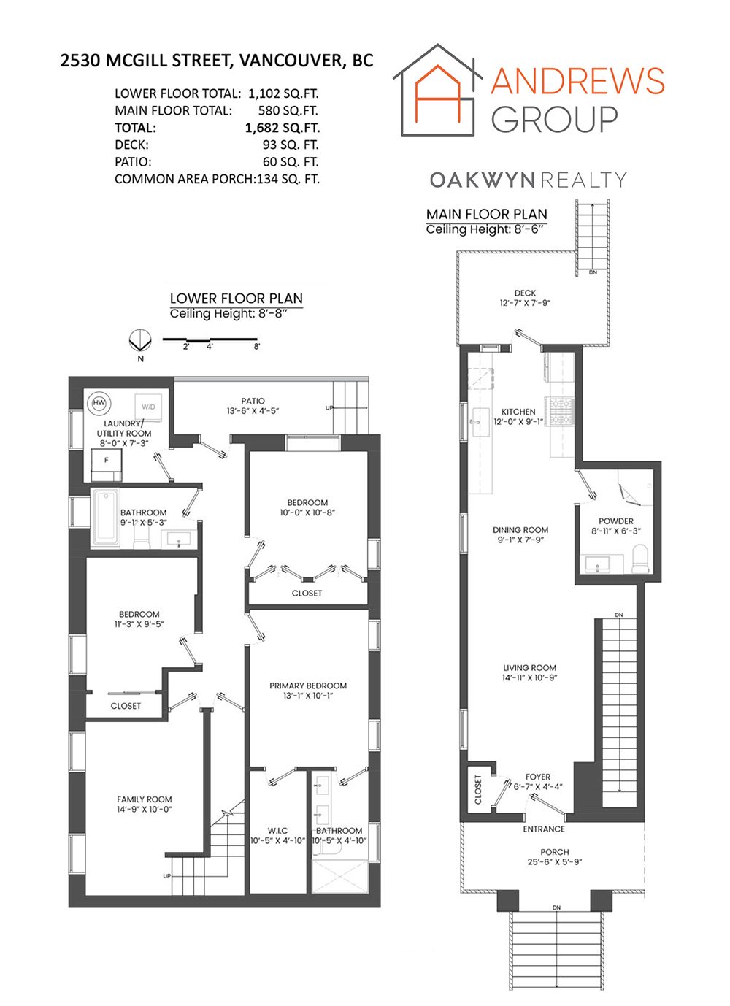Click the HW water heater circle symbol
pos(99,403)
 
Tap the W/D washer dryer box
pos(149,407)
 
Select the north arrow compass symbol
pos(139,341)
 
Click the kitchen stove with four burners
pos(563,411)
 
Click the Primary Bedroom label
pos(308,686)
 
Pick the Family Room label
pos(145,799)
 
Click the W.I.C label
pos(277,831)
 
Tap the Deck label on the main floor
pos(525,293)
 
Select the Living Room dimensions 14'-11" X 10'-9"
pos(529,678)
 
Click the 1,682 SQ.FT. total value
pos(282,128)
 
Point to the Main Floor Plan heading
pos(486,214)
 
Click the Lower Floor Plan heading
pos(236,298)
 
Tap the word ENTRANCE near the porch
pos(544,829)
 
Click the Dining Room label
pos(520,530)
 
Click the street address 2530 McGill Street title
pos(216,61)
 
